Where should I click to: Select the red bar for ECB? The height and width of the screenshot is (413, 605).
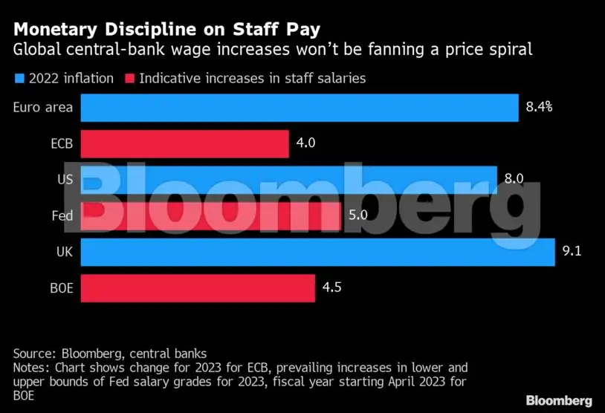(x=184, y=143)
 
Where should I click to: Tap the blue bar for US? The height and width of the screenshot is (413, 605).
(x=288, y=179)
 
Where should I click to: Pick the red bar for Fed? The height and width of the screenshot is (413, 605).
(x=210, y=215)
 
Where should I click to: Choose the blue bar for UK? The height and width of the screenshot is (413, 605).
(x=317, y=252)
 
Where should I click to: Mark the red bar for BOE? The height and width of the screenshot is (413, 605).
(x=198, y=287)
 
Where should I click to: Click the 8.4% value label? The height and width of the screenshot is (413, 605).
(x=539, y=107)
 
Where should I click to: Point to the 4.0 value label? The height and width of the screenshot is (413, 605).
(x=306, y=143)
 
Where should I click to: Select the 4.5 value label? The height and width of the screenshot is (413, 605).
(x=332, y=287)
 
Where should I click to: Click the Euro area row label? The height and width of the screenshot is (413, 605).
(x=43, y=108)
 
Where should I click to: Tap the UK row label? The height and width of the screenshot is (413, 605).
(x=65, y=252)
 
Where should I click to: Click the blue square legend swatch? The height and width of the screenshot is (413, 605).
(x=19, y=78)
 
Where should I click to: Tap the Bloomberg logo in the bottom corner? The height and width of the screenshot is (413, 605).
(x=559, y=400)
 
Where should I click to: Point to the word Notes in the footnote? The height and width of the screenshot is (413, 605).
(x=32, y=368)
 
